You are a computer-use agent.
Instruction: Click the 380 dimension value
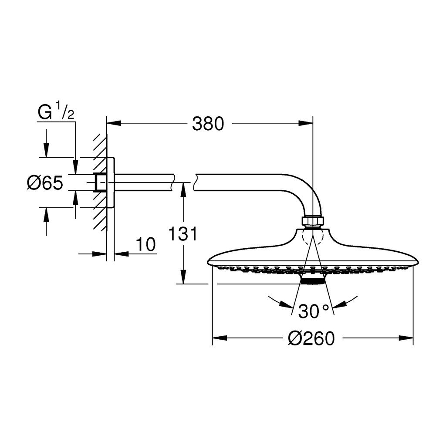[x=208, y=124]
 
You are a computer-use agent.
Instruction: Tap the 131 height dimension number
[x=182, y=234]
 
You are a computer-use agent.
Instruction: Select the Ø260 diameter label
[x=311, y=338]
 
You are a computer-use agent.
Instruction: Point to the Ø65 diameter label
[x=45, y=182]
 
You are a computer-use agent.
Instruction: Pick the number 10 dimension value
[x=146, y=244]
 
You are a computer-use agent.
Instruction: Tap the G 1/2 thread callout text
[x=56, y=112]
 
